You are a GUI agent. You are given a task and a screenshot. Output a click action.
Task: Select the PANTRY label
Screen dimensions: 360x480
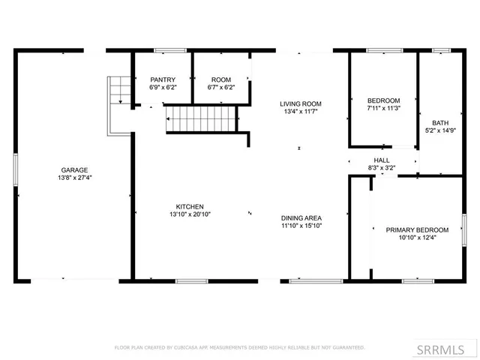[x=163, y=79]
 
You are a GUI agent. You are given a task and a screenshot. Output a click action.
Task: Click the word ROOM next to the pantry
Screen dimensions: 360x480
[x=220, y=79]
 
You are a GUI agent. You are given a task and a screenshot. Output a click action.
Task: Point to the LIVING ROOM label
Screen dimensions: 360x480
[x=301, y=104]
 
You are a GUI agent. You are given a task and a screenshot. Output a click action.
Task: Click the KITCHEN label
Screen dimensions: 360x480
[x=190, y=206]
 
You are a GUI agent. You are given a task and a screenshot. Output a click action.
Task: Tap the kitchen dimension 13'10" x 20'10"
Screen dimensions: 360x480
[x=190, y=215]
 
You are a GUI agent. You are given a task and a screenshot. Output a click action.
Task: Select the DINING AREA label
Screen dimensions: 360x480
[x=302, y=217]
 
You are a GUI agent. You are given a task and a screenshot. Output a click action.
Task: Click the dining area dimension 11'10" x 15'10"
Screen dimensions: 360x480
[x=302, y=226]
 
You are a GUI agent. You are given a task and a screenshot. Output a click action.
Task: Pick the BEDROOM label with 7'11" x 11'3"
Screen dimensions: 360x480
[x=383, y=100]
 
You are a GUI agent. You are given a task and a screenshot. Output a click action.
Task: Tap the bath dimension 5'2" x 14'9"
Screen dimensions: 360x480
[x=439, y=131]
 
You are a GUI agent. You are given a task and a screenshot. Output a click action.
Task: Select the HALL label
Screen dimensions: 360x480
[x=382, y=160]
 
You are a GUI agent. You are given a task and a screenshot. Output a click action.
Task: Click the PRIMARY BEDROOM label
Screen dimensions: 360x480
[x=417, y=229]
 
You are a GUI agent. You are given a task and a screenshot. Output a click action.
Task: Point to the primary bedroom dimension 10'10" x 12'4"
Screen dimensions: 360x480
[x=417, y=238]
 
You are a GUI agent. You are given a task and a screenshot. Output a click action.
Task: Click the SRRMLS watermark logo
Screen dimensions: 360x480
[x=447, y=349]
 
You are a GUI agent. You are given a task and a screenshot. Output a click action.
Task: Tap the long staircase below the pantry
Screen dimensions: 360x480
[x=200, y=118]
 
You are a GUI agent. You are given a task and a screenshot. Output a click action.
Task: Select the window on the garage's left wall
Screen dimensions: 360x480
[x=16, y=169]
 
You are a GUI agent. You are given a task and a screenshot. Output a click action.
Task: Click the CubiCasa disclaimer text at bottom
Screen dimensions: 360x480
[x=239, y=347]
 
